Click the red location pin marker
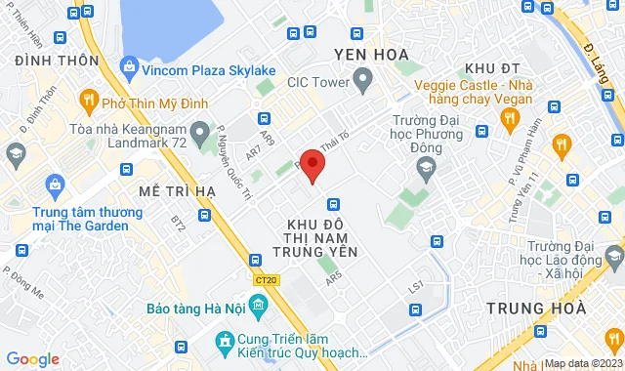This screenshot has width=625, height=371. pos(312,165)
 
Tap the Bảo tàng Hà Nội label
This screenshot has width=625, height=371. pos(195,309)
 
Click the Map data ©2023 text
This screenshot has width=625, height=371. pos(582,363)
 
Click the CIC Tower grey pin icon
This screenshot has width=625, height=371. pos(362,80)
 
